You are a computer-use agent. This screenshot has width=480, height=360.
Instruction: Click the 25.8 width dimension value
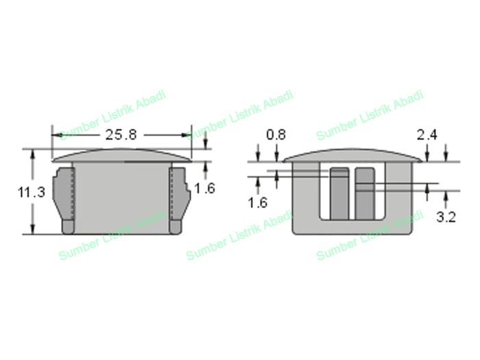click(121, 134)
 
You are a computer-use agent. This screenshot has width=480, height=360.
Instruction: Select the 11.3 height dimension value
click(32, 192)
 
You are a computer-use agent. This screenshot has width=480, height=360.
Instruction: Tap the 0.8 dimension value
click(276, 134)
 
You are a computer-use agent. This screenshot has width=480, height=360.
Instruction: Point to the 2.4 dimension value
click(427, 134)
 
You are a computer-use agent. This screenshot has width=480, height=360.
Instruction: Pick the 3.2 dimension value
click(446, 217)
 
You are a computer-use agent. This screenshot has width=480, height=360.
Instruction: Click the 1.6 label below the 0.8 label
click(258, 203)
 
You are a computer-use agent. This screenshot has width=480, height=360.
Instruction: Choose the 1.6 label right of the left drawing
click(205, 189)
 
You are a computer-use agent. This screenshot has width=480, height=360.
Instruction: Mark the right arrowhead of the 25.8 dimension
click(186, 134)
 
